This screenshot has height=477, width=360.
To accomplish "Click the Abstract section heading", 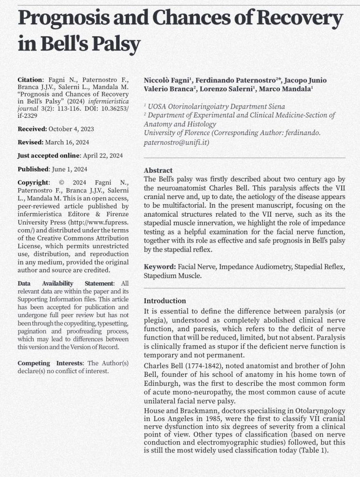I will coord(158,170).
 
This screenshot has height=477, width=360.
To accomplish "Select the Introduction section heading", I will coord(165,301).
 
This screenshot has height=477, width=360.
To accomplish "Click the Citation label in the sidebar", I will coord(30,80).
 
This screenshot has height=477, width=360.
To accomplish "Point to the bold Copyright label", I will coord(33,183).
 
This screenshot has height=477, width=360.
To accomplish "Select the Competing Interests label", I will coord(51,363).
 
